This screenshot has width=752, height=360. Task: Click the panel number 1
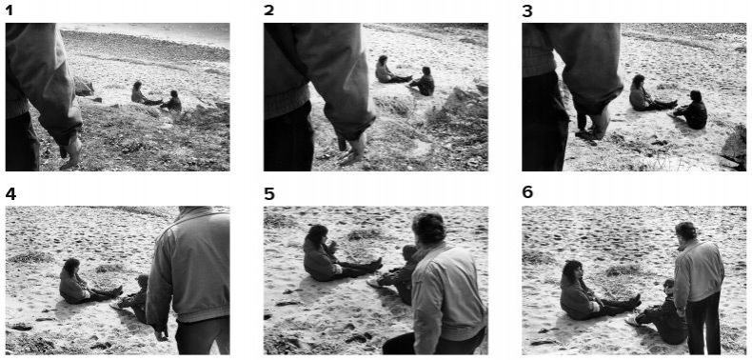(x=10, y=10)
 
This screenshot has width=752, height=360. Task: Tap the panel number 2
(x=269, y=10)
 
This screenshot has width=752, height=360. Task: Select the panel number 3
(x=527, y=10)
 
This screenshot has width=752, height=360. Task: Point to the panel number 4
(x=10, y=194)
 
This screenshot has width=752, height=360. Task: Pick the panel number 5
(x=269, y=194)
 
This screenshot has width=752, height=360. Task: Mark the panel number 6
(x=527, y=193)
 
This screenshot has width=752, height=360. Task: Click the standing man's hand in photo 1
(x=72, y=151)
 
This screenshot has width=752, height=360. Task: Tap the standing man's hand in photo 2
(x=353, y=148)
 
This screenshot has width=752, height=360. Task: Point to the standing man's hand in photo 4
(x=161, y=333)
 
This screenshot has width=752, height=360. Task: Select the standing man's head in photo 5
(x=429, y=229)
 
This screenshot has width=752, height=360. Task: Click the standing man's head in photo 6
(x=686, y=232)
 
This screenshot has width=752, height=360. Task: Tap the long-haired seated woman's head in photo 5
(x=316, y=236)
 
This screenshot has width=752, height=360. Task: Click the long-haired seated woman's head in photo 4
(x=71, y=267)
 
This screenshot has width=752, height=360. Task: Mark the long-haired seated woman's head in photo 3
(x=639, y=82)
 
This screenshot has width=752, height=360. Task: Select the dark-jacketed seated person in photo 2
(x=422, y=82)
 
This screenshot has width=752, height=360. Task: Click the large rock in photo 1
(x=84, y=87)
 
